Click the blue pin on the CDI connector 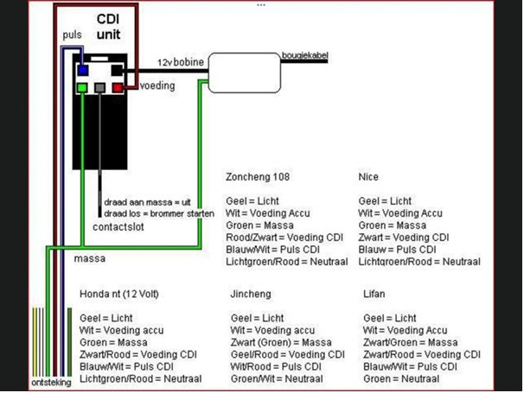point(83,71)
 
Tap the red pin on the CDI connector point(118,88)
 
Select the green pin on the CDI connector point(82,88)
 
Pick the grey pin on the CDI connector point(99,88)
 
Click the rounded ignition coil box point(245,73)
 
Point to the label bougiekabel point(304,55)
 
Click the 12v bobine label point(181,62)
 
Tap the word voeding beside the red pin point(157,86)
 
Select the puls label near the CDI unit point(72,35)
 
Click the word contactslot point(118,227)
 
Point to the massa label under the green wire point(90,258)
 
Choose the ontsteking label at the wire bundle point(51,383)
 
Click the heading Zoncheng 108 point(258,176)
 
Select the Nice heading point(368,176)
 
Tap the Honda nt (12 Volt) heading point(119,294)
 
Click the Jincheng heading point(251,294)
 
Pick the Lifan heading point(374,294)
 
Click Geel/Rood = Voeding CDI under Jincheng point(287,354)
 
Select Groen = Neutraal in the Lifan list point(401,378)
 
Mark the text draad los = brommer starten point(159,213)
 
